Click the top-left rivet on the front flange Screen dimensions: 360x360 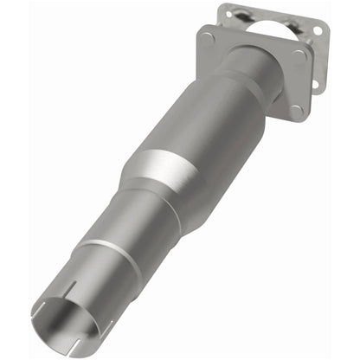point(209,37)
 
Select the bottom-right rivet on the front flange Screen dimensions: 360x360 point(296,110)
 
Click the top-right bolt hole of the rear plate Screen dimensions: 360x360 point(318,30)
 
